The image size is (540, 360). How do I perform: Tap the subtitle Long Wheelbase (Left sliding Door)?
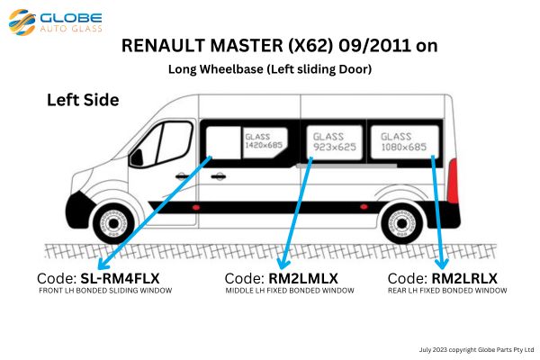pyautogui.click(x=269, y=68)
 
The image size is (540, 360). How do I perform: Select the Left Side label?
pyautogui.click(x=83, y=100)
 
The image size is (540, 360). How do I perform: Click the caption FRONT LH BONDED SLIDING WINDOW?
pyautogui.click(x=105, y=291)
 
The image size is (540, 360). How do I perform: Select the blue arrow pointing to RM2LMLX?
pyautogui.click(x=297, y=211)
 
